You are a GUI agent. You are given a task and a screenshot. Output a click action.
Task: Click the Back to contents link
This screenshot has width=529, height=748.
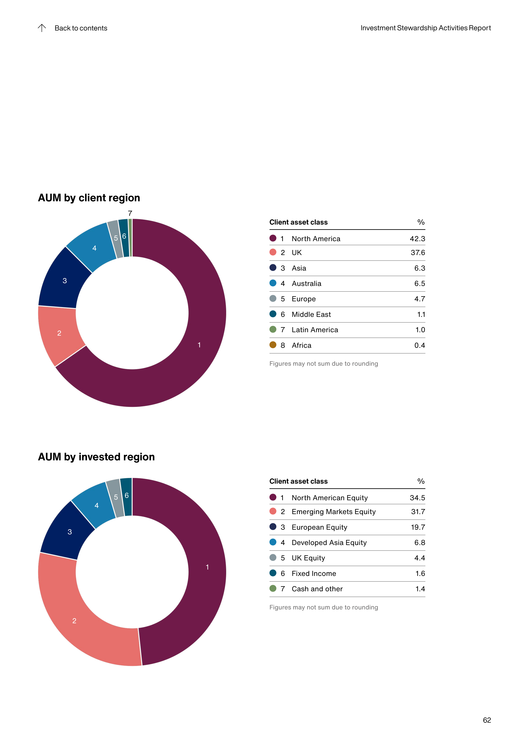(81, 28)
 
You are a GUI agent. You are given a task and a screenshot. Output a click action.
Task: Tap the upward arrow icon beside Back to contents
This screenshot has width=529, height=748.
(42, 28)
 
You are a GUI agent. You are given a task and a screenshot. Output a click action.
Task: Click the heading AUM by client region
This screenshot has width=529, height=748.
(89, 198)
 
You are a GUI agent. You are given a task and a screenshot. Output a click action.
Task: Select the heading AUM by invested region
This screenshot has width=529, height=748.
(96, 457)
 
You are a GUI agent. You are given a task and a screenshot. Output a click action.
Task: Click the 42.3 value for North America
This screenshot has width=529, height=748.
(417, 239)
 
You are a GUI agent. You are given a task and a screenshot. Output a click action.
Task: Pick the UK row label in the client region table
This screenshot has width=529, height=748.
(297, 252)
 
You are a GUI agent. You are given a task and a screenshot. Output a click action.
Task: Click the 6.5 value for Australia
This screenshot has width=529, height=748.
(420, 283)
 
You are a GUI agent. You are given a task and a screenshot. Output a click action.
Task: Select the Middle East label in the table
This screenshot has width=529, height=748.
(311, 314)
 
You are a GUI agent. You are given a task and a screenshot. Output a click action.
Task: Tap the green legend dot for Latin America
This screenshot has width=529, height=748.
(273, 329)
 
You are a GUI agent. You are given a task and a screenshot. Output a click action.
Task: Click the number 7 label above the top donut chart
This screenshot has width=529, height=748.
(130, 213)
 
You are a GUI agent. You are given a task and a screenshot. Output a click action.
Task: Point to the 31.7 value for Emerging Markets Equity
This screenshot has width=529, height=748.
(418, 512)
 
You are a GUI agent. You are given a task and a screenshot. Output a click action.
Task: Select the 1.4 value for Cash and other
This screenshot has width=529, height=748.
(420, 589)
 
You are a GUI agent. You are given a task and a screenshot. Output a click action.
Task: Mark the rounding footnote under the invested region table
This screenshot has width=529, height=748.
(323, 607)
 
